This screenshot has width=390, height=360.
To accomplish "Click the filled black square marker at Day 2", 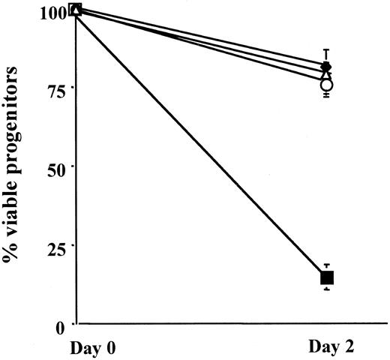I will pyautogui.click(x=327, y=277).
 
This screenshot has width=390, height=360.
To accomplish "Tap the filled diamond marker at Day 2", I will pyautogui.click(x=326, y=66).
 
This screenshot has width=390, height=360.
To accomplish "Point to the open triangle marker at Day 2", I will pyautogui.click(x=325, y=74).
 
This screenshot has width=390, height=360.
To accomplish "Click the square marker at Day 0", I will pyautogui.click(x=75, y=9).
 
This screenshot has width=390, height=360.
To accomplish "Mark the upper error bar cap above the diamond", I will pyautogui.click(x=326, y=49).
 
